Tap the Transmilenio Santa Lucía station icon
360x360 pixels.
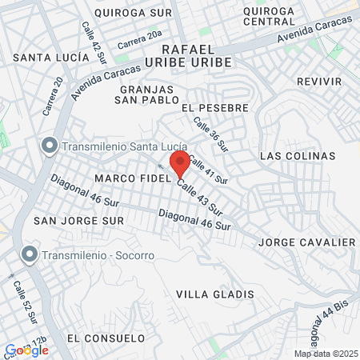(x=50, y=146)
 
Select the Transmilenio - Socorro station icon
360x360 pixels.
(x=30, y=255)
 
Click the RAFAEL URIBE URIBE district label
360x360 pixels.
(x=190, y=55)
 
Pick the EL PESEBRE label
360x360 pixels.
(x=215, y=107)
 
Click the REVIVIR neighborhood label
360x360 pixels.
(x=318, y=82)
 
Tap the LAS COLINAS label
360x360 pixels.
(x=298, y=156)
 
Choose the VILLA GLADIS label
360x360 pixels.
(x=214, y=294)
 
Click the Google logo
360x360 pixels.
(x=26, y=350)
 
